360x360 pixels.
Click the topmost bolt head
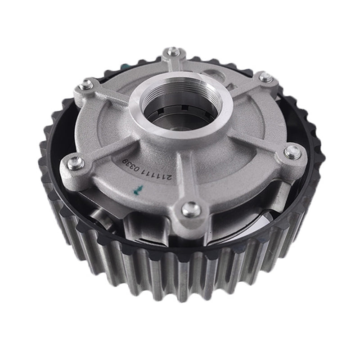click(x=173, y=52)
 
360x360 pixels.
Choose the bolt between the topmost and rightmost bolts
click(x=266, y=77)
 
